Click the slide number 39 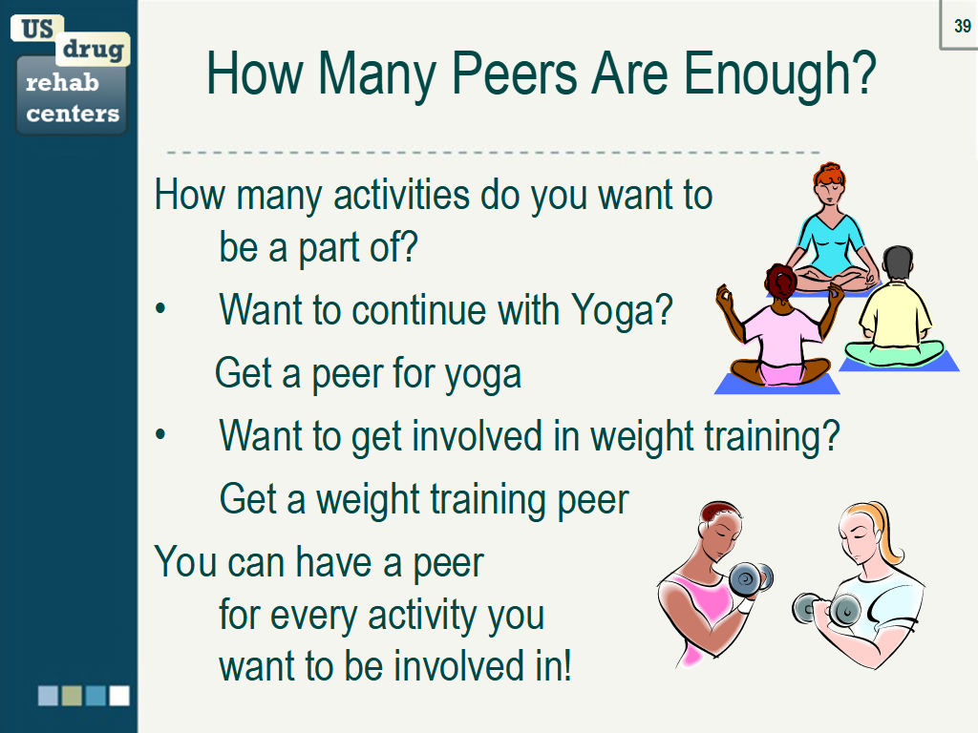pyautogui.click(x=963, y=26)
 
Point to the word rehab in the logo pyautogui.click(x=62, y=82)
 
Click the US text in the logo pyautogui.click(x=37, y=29)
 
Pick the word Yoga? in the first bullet pyautogui.click(x=622, y=310)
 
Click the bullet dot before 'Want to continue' pyautogui.click(x=160, y=308)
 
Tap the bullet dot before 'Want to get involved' pyautogui.click(x=160, y=434)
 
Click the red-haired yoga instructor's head pyautogui.click(x=829, y=183)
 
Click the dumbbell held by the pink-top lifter pyautogui.click(x=751, y=579)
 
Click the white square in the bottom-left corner pyautogui.click(x=119, y=696)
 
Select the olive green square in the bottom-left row pyautogui.click(x=72, y=696)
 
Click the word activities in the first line pyautogui.click(x=402, y=195)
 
